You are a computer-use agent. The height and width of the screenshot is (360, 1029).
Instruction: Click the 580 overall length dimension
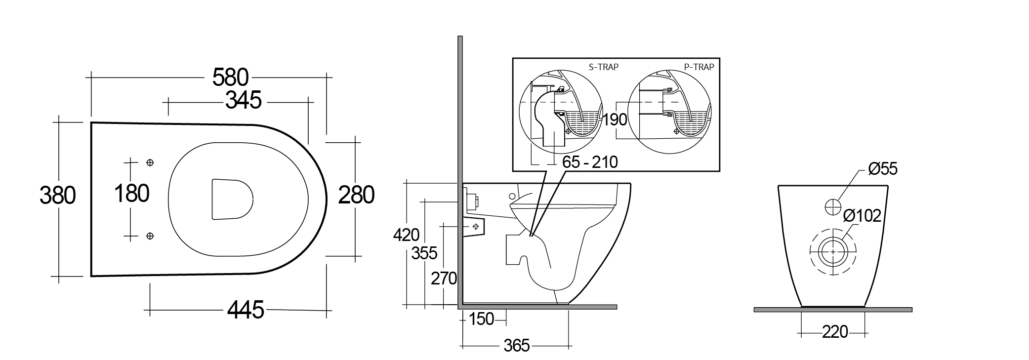tap(230, 78)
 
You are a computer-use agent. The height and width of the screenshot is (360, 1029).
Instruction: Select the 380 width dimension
tap(58, 196)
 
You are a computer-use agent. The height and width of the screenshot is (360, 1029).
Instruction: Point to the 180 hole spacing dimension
tap(131, 194)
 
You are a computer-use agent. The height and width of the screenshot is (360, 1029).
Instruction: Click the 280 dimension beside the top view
tap(356, 195)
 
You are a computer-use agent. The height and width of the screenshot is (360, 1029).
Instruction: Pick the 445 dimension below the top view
tap(246, 310)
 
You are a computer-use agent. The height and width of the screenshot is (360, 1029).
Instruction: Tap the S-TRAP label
tap(604, 67)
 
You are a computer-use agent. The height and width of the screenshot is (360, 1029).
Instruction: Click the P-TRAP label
tap(699, 67)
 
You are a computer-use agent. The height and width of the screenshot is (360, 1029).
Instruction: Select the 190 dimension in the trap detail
tap(616, 120)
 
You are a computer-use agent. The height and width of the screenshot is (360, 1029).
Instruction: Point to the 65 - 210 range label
tap(590, 162)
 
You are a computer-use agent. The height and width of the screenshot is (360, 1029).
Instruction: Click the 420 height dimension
tap(406, 235)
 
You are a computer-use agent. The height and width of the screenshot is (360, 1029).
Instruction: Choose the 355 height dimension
tap(424, 253)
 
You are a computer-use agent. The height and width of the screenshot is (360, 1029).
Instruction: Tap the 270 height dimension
tap(444, 279)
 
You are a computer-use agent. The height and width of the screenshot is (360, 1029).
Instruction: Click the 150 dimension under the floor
tap(482, 320)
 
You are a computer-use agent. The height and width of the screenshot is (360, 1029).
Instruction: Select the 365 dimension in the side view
tap(516, 346)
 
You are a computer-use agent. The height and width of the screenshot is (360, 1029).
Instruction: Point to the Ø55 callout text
tap(883, 169)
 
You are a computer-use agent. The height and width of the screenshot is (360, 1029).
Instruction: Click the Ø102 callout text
tap(862, 216)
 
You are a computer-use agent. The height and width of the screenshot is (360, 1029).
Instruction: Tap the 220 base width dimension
tap(835, 332)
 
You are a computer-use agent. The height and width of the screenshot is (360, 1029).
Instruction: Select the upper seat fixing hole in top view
tap(151, 162)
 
